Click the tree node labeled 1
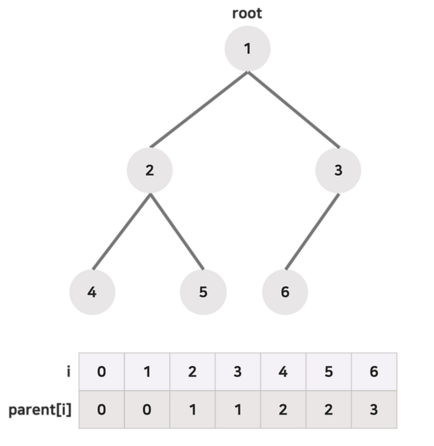(x=248, y=49)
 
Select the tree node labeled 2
(x=149, y=170)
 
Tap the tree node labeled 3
(x=338, y=170)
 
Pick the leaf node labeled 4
(x=92, y=292)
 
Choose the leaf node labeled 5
(x=203, y=292)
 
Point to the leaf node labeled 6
(x=285, y=292)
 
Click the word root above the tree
(x=247, y=13)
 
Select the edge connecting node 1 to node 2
(x=199, y=110)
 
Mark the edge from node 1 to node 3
(x=293, y=110)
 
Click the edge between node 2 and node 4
(x=121, y=231)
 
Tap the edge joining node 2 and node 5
(x=176, y=231)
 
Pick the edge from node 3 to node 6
(x=311, y=231)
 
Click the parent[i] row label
(x=40, y=408)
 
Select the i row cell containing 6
(x=374, y=371)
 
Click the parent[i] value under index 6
(x=374, y=408)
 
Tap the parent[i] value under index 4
(x=284, y=408)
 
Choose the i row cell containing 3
(x=238, y=371)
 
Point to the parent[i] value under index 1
(x=147, y=408)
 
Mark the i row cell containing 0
(x=101, y=371)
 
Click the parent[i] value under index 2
(x=192, y=408)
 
